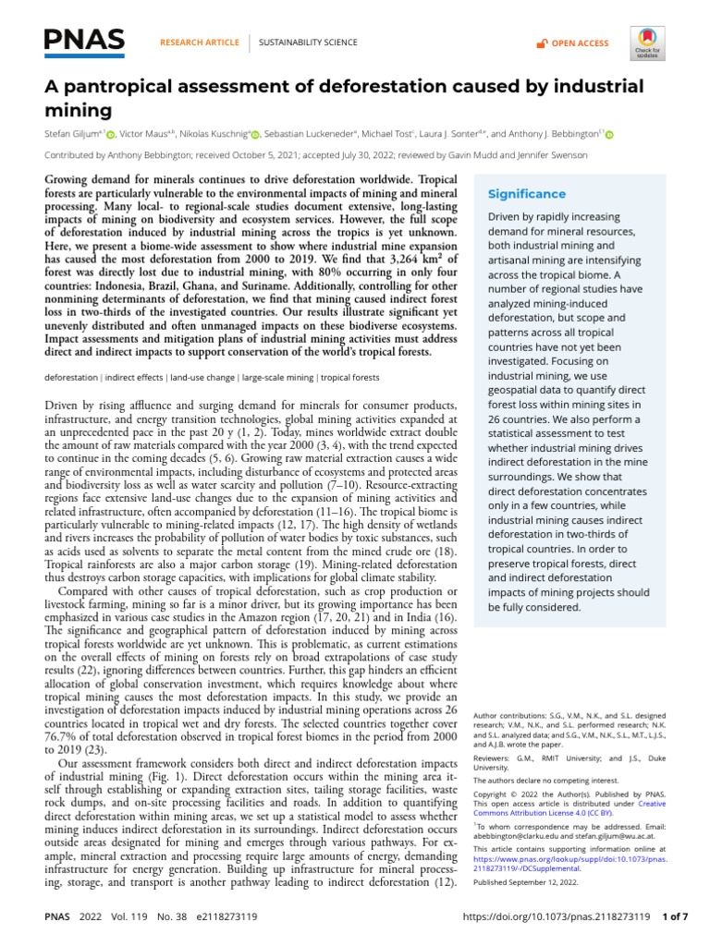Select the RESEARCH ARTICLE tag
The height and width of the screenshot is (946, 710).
199,43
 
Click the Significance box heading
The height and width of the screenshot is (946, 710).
526,194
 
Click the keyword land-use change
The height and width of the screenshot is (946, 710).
201,377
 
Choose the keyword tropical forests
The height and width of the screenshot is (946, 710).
350,377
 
